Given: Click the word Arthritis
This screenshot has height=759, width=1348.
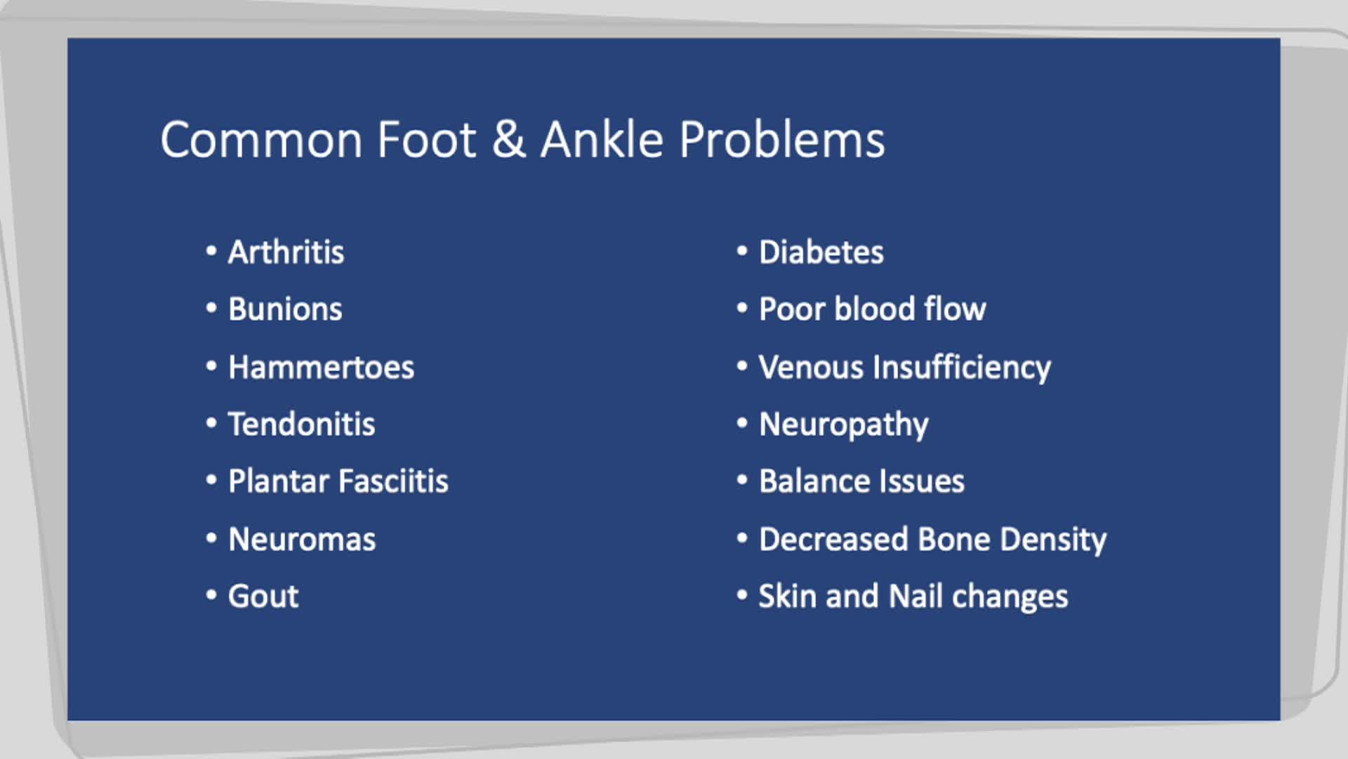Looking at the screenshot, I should (x=286, y=252).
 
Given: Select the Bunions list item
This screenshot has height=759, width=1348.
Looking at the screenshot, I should (x=285, y=309).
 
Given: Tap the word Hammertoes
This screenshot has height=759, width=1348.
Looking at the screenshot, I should (x=321, y=368).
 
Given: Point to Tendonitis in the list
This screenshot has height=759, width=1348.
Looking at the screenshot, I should (x=301, y=424).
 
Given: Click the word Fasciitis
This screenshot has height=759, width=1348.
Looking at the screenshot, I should (x=393, y=481).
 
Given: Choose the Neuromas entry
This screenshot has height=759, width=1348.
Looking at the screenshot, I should (x=302, y=540).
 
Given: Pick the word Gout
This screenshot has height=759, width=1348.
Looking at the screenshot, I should (x=263, y=597).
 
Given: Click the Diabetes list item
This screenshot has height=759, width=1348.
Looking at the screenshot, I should (x=821, y=252).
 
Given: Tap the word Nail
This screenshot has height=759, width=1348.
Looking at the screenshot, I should (x=916, y=597).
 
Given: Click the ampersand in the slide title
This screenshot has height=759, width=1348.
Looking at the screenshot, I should (x=508, y=139).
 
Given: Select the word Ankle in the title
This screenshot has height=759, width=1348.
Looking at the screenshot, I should (x=602, y=139).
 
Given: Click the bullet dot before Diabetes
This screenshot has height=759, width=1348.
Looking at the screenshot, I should (x=742, y=251).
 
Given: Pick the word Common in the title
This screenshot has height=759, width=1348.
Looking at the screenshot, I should (x=261, y=139).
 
